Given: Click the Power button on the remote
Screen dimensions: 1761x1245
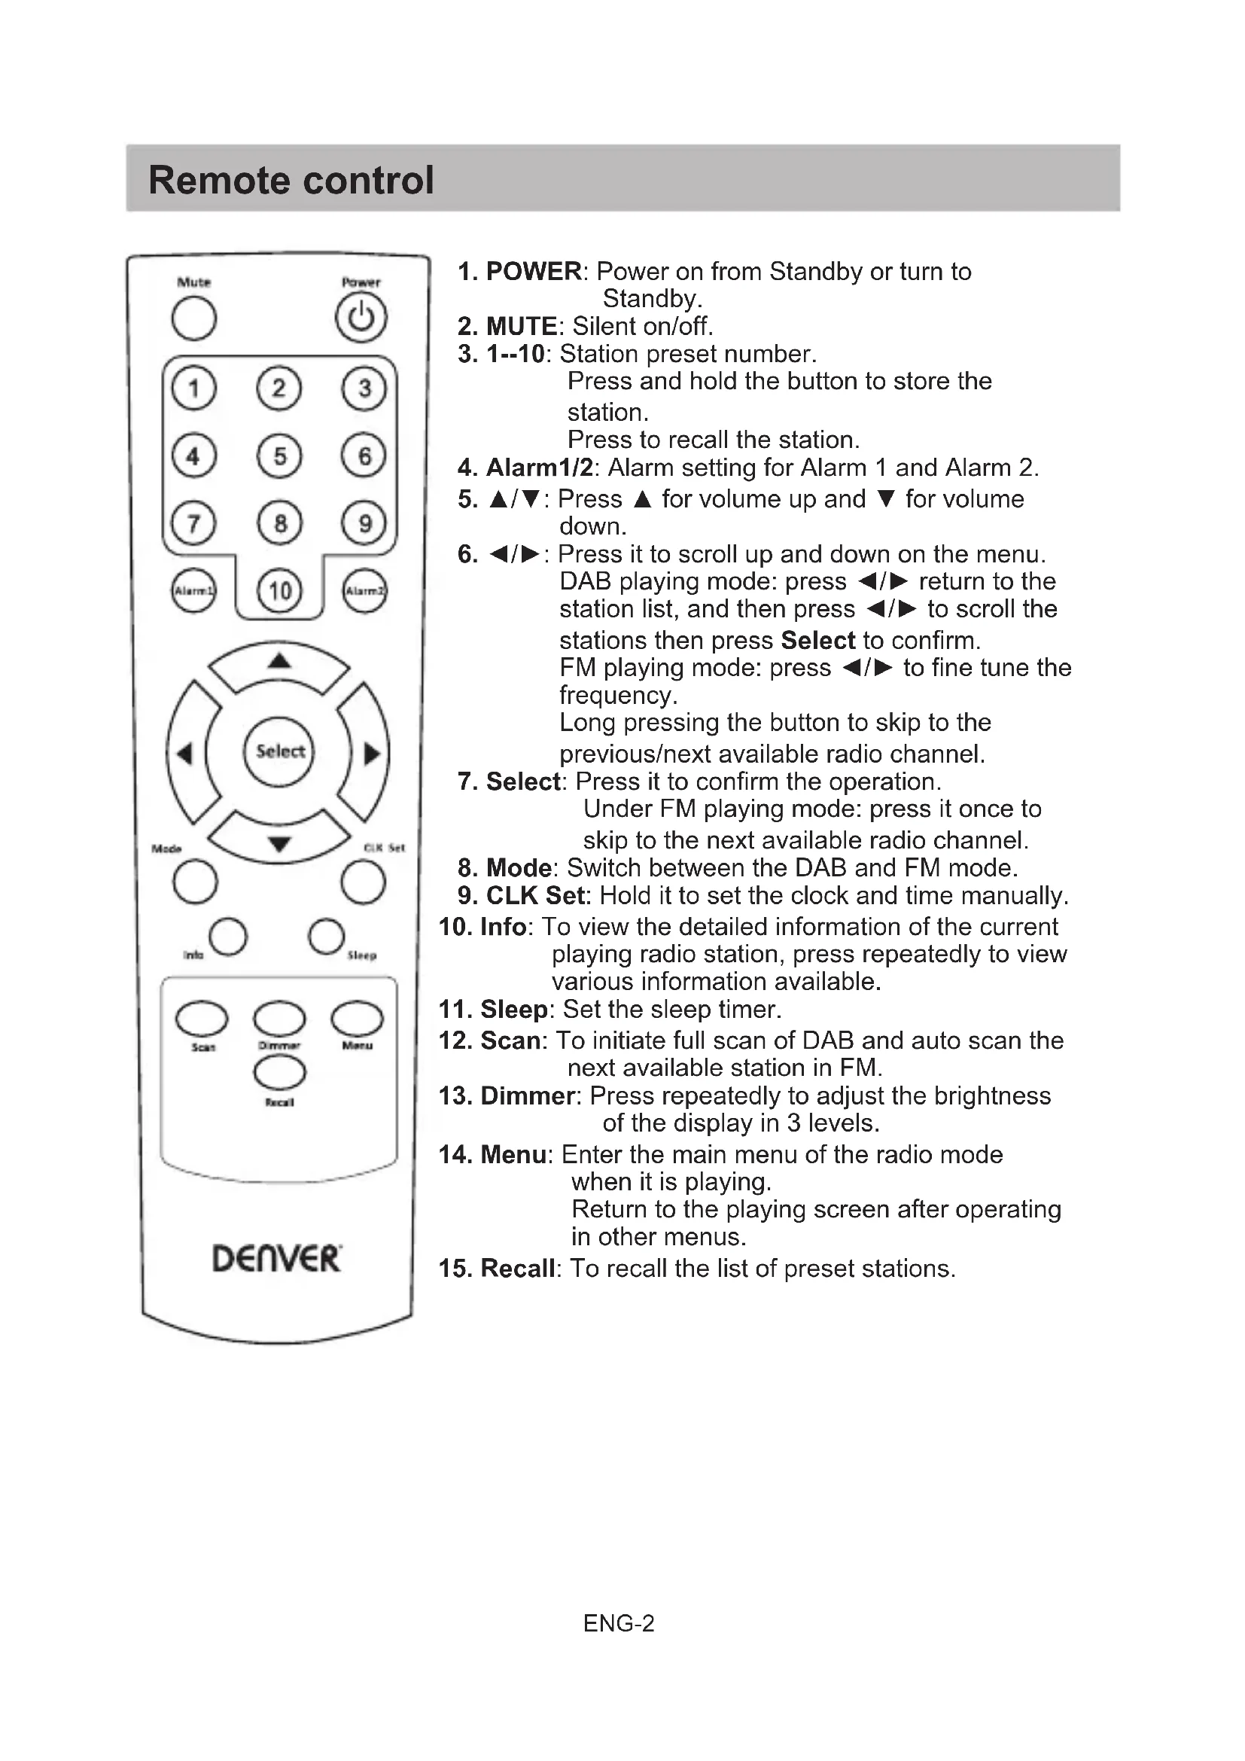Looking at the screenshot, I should (x=361, y=318).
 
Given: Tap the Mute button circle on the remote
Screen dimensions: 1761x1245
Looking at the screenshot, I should (x=194, y=318).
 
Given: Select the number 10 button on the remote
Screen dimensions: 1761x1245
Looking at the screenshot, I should (x=280, y=590).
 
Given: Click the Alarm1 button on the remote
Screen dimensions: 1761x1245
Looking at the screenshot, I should (x=193, y=590).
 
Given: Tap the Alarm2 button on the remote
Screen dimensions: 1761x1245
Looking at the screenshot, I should (x=364, y=590).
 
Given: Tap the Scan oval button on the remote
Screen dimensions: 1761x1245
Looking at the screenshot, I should (x=202, y=1019).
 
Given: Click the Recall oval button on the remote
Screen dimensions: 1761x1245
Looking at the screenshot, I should (x=280, y=1072).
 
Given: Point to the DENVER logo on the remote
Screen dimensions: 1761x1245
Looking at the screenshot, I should (x=277, y=1259).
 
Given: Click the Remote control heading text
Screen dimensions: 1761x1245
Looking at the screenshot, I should (x=291, y=180).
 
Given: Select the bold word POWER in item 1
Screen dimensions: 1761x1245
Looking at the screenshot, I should (x=534, y=272).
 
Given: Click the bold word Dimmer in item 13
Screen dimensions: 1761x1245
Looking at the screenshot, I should (x=528, y=1096).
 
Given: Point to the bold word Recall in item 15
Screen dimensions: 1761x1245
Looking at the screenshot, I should (x=517, y=1269).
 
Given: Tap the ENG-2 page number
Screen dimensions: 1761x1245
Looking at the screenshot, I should (x=619, y=1624).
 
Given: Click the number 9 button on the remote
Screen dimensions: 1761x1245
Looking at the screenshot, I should (x=365, y=523).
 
